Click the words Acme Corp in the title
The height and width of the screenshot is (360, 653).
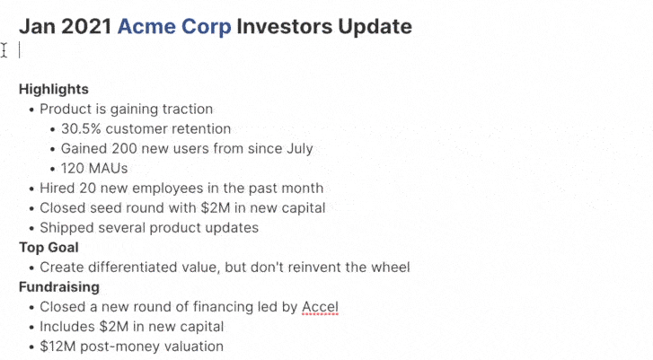click(174, 27)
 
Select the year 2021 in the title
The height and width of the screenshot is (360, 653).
click(86, 26)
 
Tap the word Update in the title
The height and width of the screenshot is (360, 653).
click(375, 27)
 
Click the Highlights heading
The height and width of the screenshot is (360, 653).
click(54, 89)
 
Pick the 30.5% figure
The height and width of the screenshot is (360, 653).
click(81, 128)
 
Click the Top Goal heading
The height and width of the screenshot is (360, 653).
click(49, 247)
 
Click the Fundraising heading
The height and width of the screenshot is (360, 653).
click(59, 286)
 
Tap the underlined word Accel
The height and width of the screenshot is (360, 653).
click(320, 307)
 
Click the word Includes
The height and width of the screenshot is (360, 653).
click(67, 326)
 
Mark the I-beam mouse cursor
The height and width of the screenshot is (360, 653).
click(4, 50)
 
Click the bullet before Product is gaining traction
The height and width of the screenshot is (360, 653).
click(31, 110)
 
